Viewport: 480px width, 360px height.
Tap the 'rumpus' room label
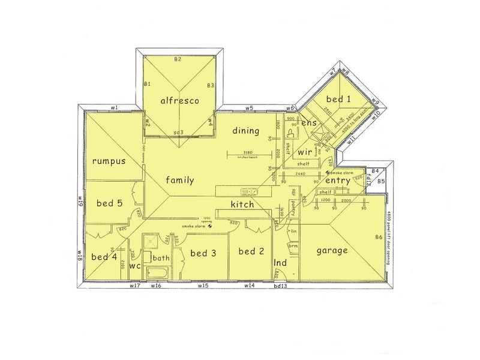pyautogui.click(x=109, y=161)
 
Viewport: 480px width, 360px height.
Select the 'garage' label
pyautogui.click(x=332, y=251)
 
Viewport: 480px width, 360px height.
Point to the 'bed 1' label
pyautogui.click(x=338, y=98)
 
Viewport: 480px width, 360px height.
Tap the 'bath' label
pyautogui.click(x=160, y=258)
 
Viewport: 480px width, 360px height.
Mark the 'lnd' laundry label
pyautogui.click(x=279, y=262)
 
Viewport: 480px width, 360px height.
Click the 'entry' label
pyautogui.click(x=338, y=181)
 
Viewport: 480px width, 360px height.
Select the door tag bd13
pyautogui.click(x=280, y=286)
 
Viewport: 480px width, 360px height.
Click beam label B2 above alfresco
pyautogui.click(x=178, y=59)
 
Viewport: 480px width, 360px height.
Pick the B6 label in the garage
pyautogui.click(x=379, y=238)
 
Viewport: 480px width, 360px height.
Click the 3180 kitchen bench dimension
pyautogui.click(x=244, y=152)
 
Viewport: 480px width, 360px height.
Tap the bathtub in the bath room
pyautogui.click(x=157, y=273)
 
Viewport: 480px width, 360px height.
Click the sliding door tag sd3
pyautogui.click(x=178, y=131)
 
